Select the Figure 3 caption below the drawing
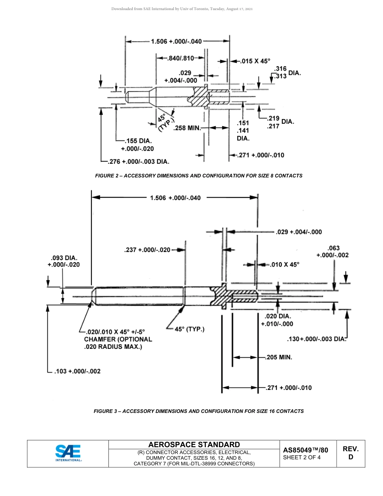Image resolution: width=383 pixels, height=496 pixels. coord(198,411)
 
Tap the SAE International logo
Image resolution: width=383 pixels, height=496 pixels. coord(68,453)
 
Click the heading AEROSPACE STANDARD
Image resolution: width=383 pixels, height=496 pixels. coord(194,444)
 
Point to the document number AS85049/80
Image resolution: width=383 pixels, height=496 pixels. coord(306,450)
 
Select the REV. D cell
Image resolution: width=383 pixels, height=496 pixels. coord(350,453)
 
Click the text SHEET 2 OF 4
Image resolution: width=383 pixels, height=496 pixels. coord(302,457)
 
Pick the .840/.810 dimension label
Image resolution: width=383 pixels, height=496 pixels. coord(180,58)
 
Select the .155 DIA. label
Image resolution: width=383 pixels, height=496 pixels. coord(137,141)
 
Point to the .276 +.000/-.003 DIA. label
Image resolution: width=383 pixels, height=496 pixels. coord(139,162)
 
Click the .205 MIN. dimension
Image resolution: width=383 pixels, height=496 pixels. coord(279,357)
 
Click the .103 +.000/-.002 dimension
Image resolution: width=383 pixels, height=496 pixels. coord(77,371)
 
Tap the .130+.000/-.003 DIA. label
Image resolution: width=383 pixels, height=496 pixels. coord(316,339)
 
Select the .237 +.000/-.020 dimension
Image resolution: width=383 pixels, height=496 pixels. coord(147,250)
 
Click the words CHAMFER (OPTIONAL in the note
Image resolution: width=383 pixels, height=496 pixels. coord(118,340)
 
